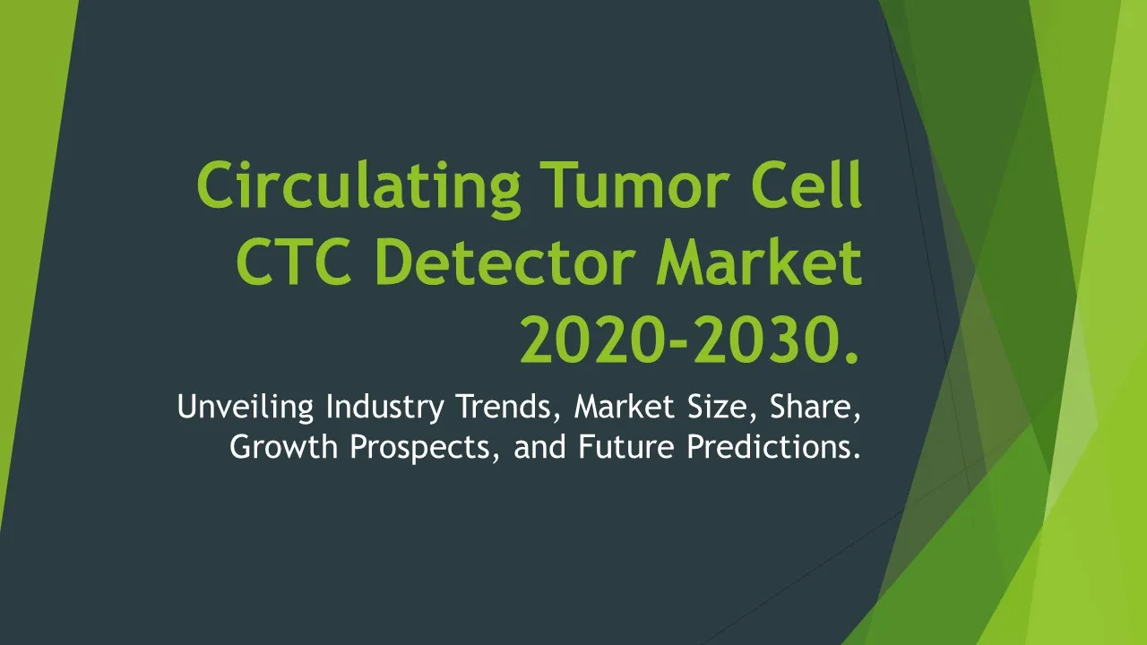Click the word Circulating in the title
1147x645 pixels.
pos(358,187)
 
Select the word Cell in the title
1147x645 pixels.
pos(807,184)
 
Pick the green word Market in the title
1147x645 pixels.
pos(760,262)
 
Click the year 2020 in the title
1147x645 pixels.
pos(593,340)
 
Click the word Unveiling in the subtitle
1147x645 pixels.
pos(246,408)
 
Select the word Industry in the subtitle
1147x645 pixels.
pos(384,408)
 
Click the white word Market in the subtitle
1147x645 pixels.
pos(625,406)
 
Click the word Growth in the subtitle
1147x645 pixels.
pos(284,446)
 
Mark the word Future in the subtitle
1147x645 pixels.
pos(626,446)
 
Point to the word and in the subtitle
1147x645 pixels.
pos(539,446)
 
